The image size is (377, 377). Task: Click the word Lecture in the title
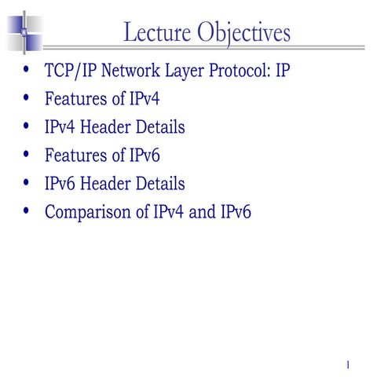[x=158, y=33]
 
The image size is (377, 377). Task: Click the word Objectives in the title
[x=244, y=33]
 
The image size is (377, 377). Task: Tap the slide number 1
[x=346, y=364]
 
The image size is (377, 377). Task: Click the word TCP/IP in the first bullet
[x=70, y=72]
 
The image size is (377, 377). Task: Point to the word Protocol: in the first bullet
[x=234, y=72]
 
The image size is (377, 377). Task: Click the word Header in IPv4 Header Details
[x=112, y=128]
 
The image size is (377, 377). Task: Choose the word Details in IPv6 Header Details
[x=161, y=184]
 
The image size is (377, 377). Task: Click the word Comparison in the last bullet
[x=86, y=212]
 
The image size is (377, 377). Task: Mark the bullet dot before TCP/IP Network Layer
[x=29, y=71]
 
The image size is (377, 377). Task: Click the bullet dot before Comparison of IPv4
[x=29, y=210]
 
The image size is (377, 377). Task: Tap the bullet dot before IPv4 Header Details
[x=29, y=126]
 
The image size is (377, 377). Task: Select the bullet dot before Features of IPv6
[x=29, y=155]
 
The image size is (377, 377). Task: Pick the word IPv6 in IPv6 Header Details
[x=62, y=184]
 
